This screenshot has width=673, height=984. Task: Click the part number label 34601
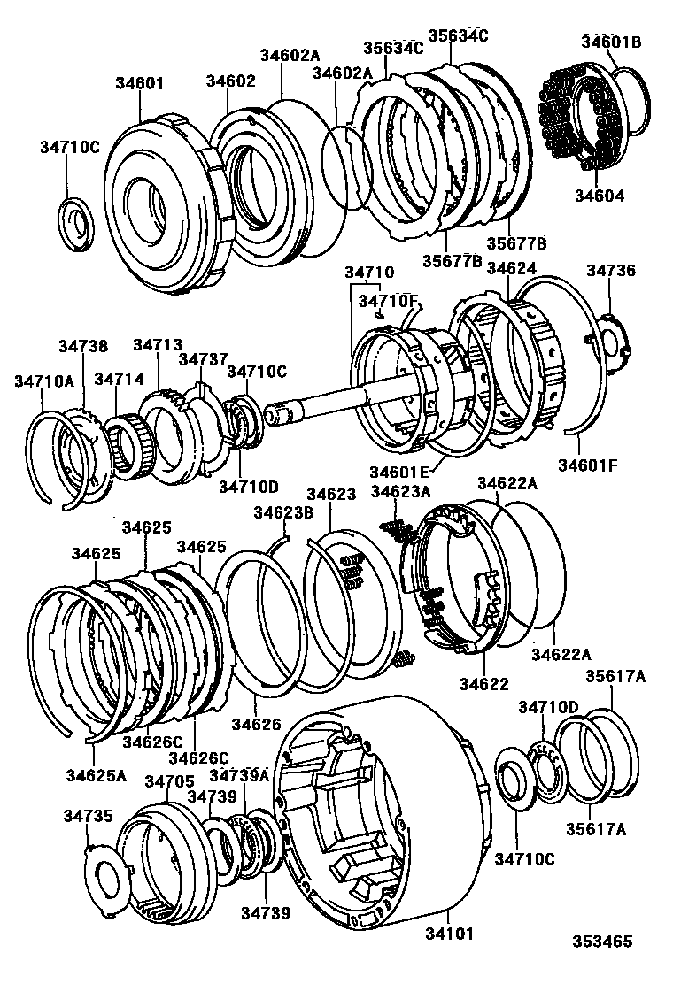coord(139,84)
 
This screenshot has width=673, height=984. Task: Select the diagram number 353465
coord(602,942)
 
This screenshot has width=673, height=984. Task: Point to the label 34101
coord(449,934)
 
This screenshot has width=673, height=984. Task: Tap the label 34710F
coord(387,302)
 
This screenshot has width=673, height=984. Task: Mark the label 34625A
coord(96,775)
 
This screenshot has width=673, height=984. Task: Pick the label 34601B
coord(611,42)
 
